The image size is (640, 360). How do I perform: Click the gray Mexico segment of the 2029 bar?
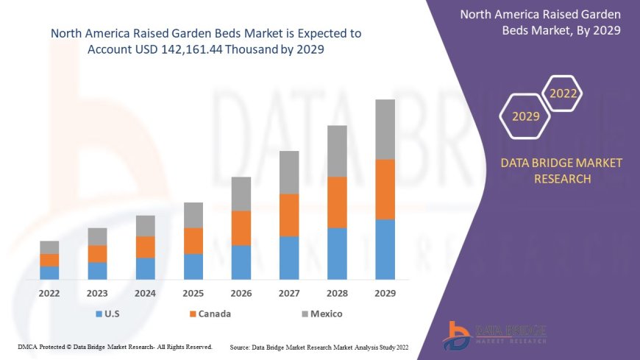(x=385, y=130)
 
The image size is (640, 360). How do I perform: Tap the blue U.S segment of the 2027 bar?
(x=289, y=258)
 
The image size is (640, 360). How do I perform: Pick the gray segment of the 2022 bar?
(x=49, y=247)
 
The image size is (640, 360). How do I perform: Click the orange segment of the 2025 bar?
(x=193, y=241)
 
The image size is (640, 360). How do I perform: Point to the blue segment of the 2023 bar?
(x=97, y=271)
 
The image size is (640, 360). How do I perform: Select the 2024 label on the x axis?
(x=145, y=293)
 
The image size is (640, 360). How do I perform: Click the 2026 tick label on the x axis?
(x=241, y=293)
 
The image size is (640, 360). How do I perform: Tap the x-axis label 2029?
(x=385, y=293)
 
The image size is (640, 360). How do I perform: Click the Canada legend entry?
(x=210, y=314)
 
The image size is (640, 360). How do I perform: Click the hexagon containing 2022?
(x=563, y=94)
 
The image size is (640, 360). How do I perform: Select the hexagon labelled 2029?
(x=525, y=116)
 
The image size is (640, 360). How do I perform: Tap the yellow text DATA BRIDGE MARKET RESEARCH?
(x=561, y=171)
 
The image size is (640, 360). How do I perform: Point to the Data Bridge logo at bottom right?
(x=494, y=336)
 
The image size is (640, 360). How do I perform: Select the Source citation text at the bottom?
(x=319, y=346)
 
